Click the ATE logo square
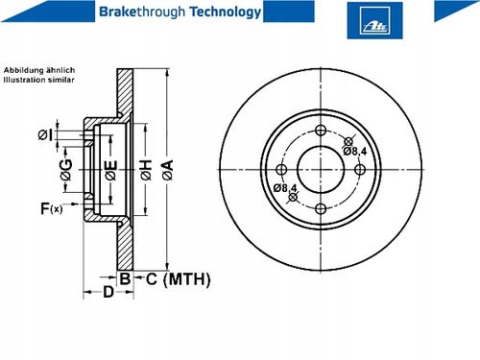(x=374, y=20)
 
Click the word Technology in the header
(x=226, y=12)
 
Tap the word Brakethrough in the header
(x=142, y=12)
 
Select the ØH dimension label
(x=145, y=170)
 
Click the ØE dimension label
(x=111, y=170)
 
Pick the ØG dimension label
(x=66, y=170)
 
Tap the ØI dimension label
(x=45, y=134)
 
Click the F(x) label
(x=51, y=208)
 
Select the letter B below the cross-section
(x=125, y=278)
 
